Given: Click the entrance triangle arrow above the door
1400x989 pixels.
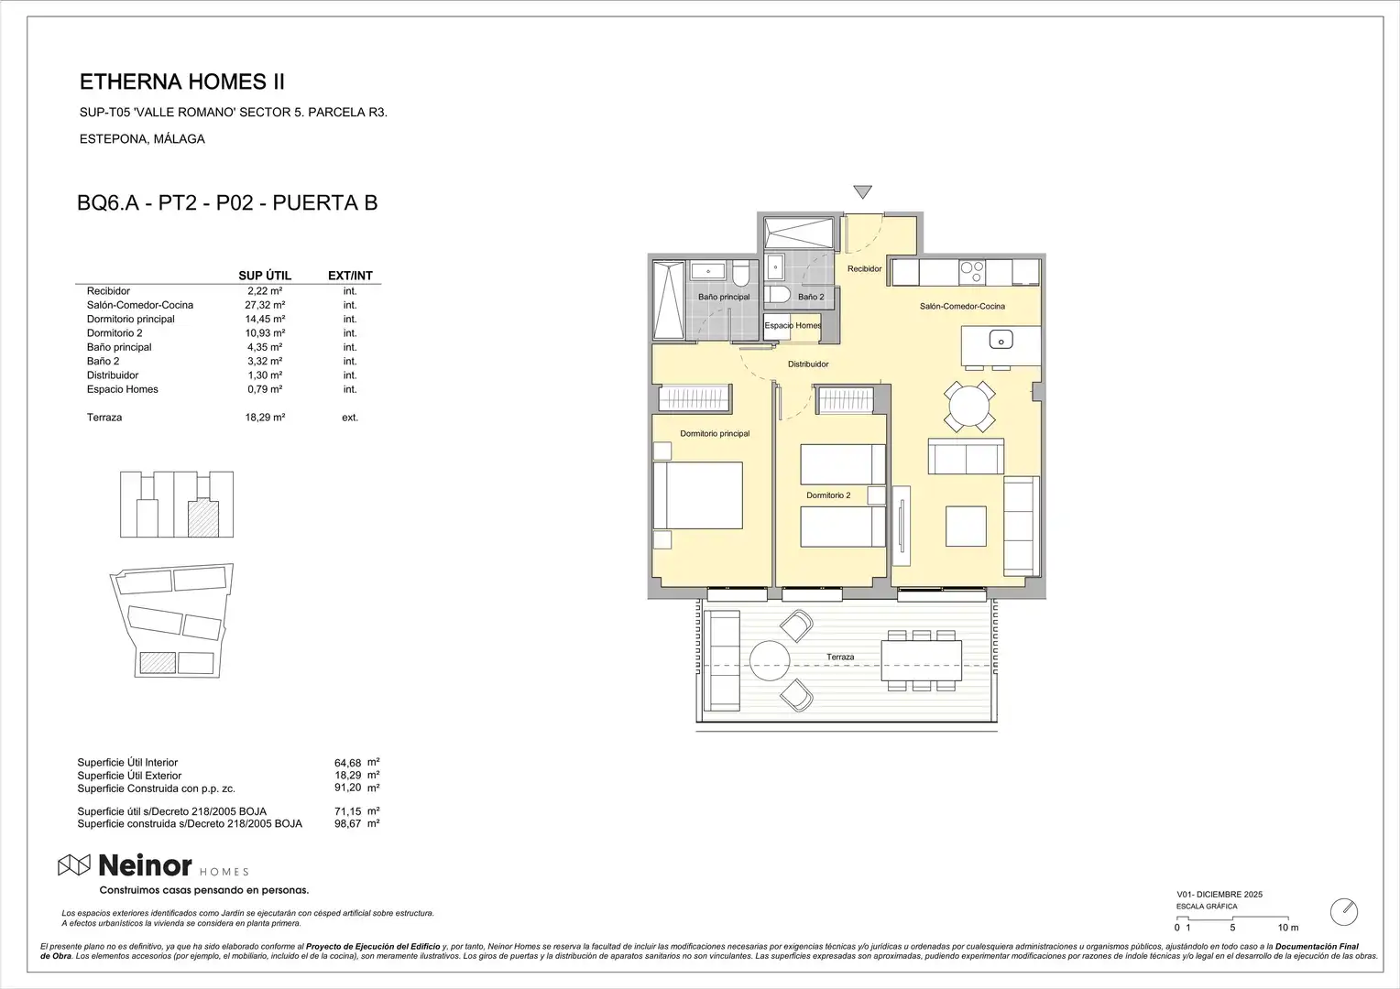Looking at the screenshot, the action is coord(862,191).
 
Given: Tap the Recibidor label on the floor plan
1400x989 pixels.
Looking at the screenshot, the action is coord(864,268).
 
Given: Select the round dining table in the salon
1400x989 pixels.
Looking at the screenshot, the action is coord(968,407).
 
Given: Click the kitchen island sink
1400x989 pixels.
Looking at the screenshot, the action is coord(1001,341).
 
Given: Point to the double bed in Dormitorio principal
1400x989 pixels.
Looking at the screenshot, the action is coord(698,495).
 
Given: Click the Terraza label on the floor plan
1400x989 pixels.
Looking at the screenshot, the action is coord(840,657).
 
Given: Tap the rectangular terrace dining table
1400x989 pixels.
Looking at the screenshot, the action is coord(921,661).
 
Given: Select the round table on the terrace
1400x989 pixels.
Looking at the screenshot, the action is coord(770,661).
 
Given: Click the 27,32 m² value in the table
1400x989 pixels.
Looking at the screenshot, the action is coord(265,305).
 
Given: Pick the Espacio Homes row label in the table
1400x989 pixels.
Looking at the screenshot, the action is coord(123,389).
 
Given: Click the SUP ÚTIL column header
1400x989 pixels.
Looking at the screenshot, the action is coord(265,276).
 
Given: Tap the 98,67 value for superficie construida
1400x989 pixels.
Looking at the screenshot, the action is coord(347,824).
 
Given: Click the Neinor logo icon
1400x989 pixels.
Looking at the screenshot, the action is coord(73,865).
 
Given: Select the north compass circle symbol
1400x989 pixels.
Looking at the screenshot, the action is coord(1344,912).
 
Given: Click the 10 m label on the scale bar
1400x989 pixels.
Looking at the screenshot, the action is coord(1288,928).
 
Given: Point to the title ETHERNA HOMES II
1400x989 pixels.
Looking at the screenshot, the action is coord(182,82).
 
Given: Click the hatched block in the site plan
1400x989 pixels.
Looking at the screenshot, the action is coord(158,662).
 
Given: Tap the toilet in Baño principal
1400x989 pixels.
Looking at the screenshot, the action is coord(740,273).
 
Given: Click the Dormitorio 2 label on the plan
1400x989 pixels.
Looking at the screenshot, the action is coord(828,495).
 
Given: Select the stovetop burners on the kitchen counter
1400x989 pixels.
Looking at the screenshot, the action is coord(972,272).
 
